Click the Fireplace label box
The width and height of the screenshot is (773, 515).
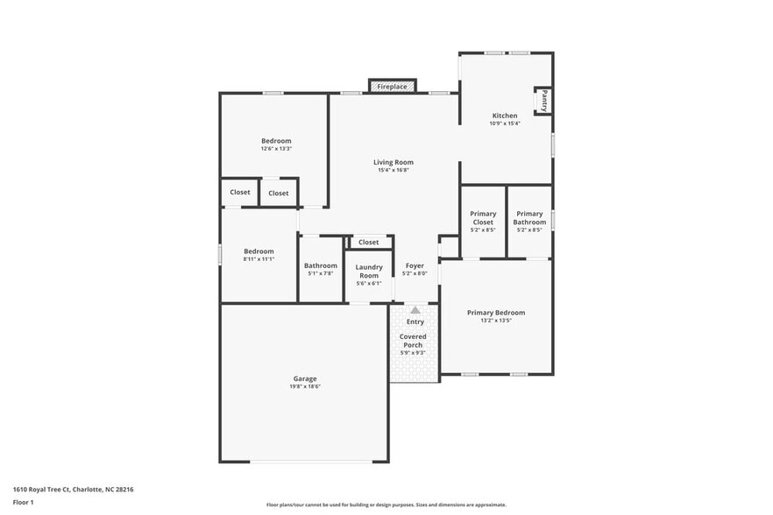(x=392, y=87)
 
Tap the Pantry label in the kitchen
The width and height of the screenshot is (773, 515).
(x=544, y=100)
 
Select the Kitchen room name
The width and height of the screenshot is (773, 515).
(x=504, y=116)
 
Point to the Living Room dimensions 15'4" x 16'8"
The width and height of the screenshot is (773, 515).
(x=394, y=170)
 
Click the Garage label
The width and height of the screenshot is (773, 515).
(x=305, y=378)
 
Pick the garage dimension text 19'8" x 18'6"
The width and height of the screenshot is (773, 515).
(x=305, y=386)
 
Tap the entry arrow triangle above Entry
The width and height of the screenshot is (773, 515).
(x=415, y=310)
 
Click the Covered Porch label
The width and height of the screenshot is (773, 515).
(x=413, y=341)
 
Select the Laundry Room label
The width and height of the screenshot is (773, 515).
(x=369, y=271)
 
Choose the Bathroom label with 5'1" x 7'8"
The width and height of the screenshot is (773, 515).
(x=321, y=265)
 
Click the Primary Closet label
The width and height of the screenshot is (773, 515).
(x=483, y=218)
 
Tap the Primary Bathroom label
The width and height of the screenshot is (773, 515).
(x=529, y=218)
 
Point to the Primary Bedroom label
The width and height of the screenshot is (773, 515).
(x=496, y=313)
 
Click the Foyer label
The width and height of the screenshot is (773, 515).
(x=415, y=265)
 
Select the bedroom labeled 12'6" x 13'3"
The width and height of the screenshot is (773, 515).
(x=276, y=141)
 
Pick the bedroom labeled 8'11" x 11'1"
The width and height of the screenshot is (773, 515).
(x=259, y=251)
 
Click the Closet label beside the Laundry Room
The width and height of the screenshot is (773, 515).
(x=369, y=243)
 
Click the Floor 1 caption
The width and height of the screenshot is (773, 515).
(x=24, y=502)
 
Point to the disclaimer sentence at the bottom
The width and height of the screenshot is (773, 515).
(x=386, y=504)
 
